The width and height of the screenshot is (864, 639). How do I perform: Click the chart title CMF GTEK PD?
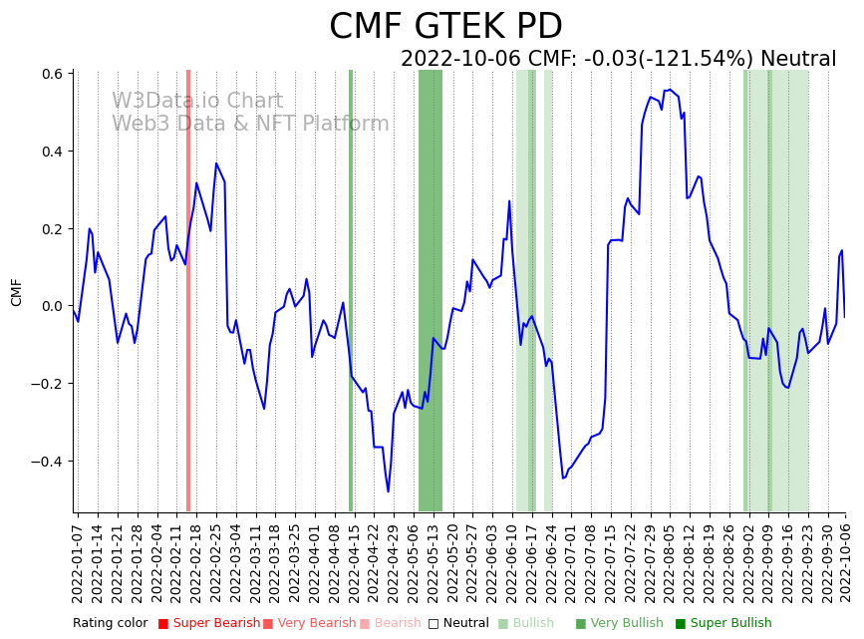pos(445,27)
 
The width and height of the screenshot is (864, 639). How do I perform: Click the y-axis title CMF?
pos(16,292)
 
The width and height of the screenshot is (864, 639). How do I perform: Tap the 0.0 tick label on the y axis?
pos(52,306)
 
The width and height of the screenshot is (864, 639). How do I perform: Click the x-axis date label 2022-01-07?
pos(77,558)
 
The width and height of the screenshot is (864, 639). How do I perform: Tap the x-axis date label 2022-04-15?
pos(352,558)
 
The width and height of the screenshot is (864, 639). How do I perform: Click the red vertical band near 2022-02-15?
pos(188,289)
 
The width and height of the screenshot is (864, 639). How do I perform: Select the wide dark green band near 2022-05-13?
pos(431,289)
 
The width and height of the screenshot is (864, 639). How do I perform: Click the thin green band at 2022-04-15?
pos(351,289)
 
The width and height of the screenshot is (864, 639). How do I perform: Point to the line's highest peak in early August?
pos(669,90)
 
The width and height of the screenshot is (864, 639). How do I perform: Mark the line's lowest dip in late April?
pos(389,491)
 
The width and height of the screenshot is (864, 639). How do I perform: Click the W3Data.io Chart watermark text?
pos(197,102)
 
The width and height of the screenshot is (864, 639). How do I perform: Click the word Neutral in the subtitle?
pos(798,60)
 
